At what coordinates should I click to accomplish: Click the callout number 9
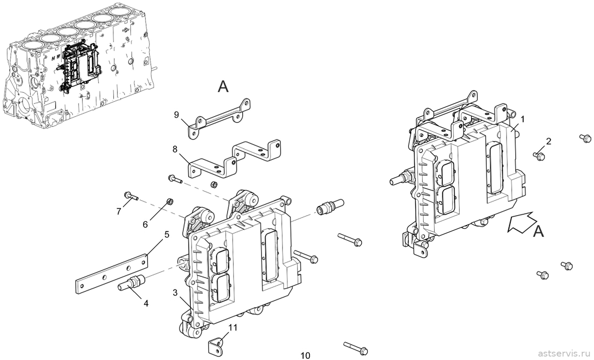pos(177,115)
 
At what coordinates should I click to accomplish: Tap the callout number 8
pos(175,149)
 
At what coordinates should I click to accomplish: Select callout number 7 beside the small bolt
pos(118,211)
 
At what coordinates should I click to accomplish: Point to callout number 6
pos(145,225)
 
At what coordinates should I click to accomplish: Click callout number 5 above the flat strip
pos(166,235)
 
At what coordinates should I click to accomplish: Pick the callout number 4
pos(146,303)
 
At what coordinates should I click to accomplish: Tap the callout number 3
pos(175,293)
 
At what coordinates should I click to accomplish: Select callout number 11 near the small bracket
pos(233,328)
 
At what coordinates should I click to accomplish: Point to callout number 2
pos(549,141)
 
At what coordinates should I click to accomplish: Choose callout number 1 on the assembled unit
pos(523,120)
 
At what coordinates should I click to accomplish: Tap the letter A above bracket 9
pos(223,87)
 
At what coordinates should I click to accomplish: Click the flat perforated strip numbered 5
pos(111,274)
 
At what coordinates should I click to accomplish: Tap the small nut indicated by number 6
pos(169,202)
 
